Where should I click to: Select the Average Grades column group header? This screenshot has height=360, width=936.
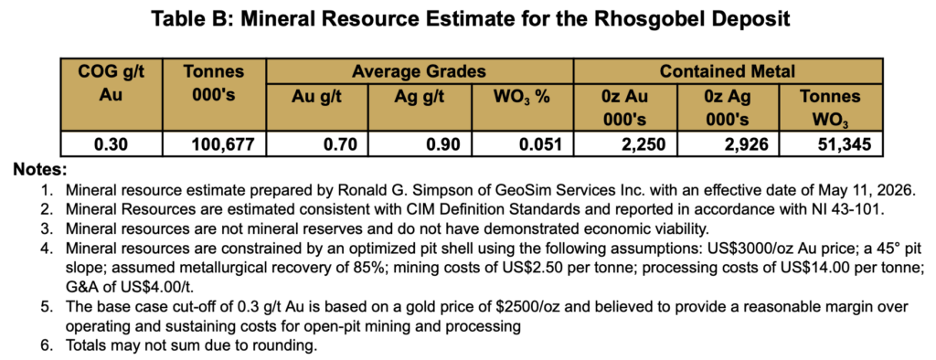pos(419,71)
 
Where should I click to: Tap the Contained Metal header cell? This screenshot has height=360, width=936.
pos(727,71)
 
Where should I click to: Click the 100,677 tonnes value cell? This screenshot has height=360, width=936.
pos(215,144)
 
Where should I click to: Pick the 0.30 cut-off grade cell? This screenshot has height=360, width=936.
pos(112,144)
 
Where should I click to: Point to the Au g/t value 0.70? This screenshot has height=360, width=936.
pos(317,144)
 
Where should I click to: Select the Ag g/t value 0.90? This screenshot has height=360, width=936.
pos(420,144)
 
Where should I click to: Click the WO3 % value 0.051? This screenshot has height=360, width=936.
pos(522,144)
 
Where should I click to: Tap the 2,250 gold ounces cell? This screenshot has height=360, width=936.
pos(625,144)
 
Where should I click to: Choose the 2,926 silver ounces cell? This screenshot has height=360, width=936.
pos(728,144)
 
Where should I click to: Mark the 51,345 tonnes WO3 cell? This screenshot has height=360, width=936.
pos(830,144)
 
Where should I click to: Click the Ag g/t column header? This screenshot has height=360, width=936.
pos(420,98)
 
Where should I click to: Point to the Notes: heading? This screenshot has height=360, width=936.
pos(40,170)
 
